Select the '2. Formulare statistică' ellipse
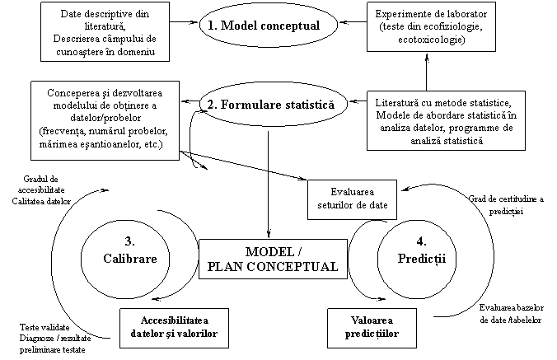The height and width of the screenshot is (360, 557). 272,105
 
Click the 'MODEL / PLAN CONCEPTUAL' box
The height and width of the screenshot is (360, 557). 273,259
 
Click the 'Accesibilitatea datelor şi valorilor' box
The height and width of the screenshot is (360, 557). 174,328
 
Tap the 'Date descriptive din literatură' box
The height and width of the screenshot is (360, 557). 105,31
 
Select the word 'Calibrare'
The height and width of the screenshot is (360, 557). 130,259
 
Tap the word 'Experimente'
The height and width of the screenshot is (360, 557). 400,15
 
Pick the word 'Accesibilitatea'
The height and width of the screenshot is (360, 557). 175,320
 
